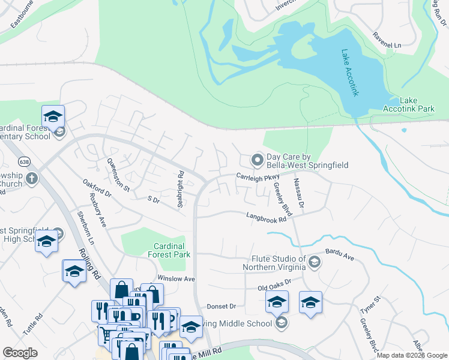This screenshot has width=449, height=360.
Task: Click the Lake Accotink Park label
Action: [409, 104]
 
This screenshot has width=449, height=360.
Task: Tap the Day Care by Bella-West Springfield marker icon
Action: [258, 160]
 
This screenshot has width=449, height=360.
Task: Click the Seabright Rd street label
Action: [180, 189]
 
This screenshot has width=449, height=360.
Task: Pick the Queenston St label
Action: [118, 174]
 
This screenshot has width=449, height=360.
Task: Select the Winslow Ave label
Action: [176, 279]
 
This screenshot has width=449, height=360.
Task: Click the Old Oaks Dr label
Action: [274, 284]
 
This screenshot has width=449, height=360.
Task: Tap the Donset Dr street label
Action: [221, 306]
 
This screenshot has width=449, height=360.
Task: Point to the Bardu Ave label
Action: [340, 255]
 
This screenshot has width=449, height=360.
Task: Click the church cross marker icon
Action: [32, 178]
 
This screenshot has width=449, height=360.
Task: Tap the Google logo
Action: [20, 353]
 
